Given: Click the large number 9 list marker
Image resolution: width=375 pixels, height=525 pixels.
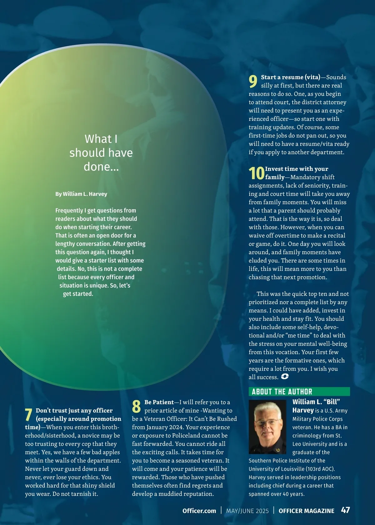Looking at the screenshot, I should tap(253, 81).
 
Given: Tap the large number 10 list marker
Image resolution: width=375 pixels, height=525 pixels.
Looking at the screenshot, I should tap(257, 173).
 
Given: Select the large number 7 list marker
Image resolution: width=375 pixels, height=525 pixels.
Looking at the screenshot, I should tap(29, 415).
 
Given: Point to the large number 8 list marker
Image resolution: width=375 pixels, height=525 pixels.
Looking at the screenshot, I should tap(136, 406).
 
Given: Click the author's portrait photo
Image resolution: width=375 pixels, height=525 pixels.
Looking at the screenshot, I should tap(267, 427).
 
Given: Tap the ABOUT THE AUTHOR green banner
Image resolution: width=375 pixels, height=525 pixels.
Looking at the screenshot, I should tap(299, 392).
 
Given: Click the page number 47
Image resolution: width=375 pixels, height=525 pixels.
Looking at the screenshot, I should tap(345, 510).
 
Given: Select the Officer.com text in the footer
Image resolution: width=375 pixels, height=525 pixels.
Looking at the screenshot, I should tap(199, 511).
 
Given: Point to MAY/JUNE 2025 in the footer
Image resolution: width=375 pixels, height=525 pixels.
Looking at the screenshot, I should tap(247, 511).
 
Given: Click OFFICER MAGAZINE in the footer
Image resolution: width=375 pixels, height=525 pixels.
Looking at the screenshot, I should tap(306, 511).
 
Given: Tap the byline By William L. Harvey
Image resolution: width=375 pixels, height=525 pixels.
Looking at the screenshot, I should tap(81, 194).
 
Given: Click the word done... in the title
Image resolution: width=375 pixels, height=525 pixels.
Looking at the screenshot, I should tap(101, 167).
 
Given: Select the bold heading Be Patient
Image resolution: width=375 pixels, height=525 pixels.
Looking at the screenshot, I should tap(159, 402).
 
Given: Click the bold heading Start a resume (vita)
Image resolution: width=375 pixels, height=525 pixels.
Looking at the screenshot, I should tap(291, 77).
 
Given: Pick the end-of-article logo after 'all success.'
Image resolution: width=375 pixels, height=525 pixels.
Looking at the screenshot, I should tap(285, 377).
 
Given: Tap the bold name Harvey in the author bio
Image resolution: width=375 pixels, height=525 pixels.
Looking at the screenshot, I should tap(303, 410).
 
